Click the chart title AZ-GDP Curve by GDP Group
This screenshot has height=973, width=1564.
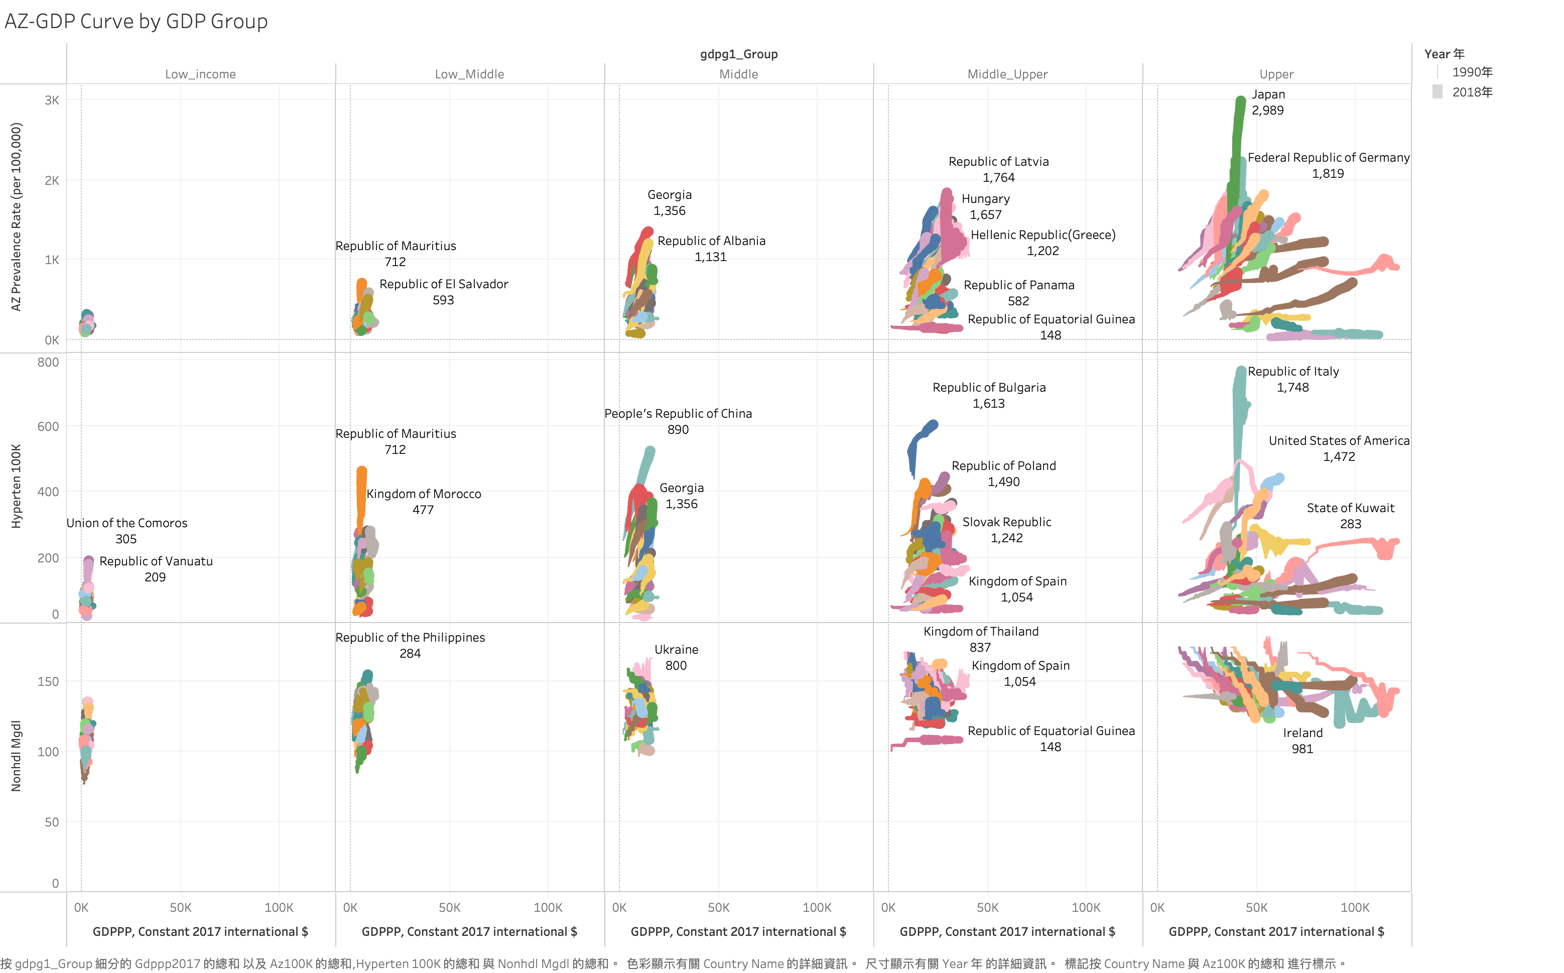pyautogui.click(x=136, y=21)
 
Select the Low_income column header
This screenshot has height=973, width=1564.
pyautogui.click(x=200, y=74)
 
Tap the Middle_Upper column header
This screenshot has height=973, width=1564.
pyautogui.click(x=1007, y=74)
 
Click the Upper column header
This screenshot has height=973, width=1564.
pyautogui.click(x=1276, y=74)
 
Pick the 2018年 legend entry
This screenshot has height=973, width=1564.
pyautogui.click(x=1471, y=92)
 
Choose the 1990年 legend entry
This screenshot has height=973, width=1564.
pyautogui.click(x=1471, y=72)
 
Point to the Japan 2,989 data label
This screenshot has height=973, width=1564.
pyautogui.click(x=1267, y=102)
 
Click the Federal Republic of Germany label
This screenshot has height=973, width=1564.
pyautogui.click(x=1328, y=158)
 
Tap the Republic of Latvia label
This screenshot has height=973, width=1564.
pyautogui.click(x=998, y=162)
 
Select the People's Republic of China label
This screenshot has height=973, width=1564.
pyautogui.click(x=678, y=414)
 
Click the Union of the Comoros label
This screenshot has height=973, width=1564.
pyautogui.click(x=127, y=523)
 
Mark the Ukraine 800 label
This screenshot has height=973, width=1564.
pyautogui.click(x=676, y=658)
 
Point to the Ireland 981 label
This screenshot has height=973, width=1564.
pyautogui.click(x=1302, y=741)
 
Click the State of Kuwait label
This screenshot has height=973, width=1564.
pyautogui.click(x=1350, y=509)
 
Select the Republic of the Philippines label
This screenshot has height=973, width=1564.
pyautogui.click(x=410, y=638)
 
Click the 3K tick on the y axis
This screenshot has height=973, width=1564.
pyautogui.click(x=52, y=100)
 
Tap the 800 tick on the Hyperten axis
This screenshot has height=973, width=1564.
pyautogui.click(x=48, y=362)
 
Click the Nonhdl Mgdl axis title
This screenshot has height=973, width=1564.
pyautogui.click(x=16, y=756)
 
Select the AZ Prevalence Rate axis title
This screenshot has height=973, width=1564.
pyautogui.click(x=16, y=217)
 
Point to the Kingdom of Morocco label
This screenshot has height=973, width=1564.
pyautogui.click(x=423, y=494)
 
